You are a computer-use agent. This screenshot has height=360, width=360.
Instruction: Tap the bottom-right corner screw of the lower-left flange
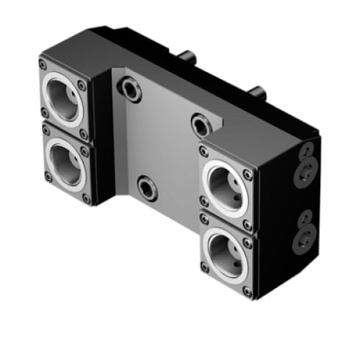[x=87, y=196]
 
